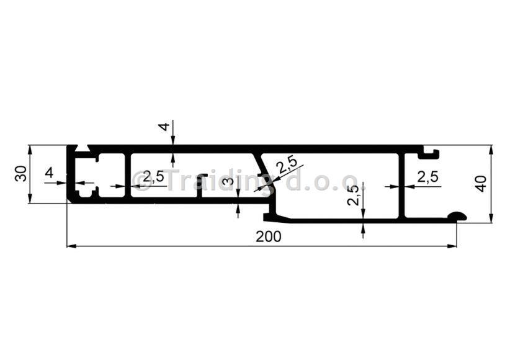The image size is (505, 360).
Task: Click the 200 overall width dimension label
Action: tap(268, 237)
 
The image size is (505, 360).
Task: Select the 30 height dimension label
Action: tap(21, 173)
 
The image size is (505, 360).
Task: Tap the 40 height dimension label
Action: tap(481, 184)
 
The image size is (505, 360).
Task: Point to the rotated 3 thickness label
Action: tap(228, 181)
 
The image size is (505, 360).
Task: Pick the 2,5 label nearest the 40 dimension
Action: tap(427, 176)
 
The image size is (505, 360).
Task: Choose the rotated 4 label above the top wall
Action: tap(164, 127)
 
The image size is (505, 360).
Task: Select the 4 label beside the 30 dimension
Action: tap(49, 173)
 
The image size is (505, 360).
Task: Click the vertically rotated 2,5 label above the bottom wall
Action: tap(353, 196)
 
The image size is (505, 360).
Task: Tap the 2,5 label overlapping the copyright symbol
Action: tap(153, 177)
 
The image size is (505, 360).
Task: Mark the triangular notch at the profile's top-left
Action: tap(83, 148)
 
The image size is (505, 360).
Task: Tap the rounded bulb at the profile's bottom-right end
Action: tap(457, 216)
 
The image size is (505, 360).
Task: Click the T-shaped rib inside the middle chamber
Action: tap(201, 186)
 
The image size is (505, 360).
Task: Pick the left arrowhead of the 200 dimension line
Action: tap(71, 246)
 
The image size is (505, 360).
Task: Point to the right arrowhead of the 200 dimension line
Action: tap(452, 246)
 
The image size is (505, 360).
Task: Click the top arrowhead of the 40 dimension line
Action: tap(491, 150)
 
